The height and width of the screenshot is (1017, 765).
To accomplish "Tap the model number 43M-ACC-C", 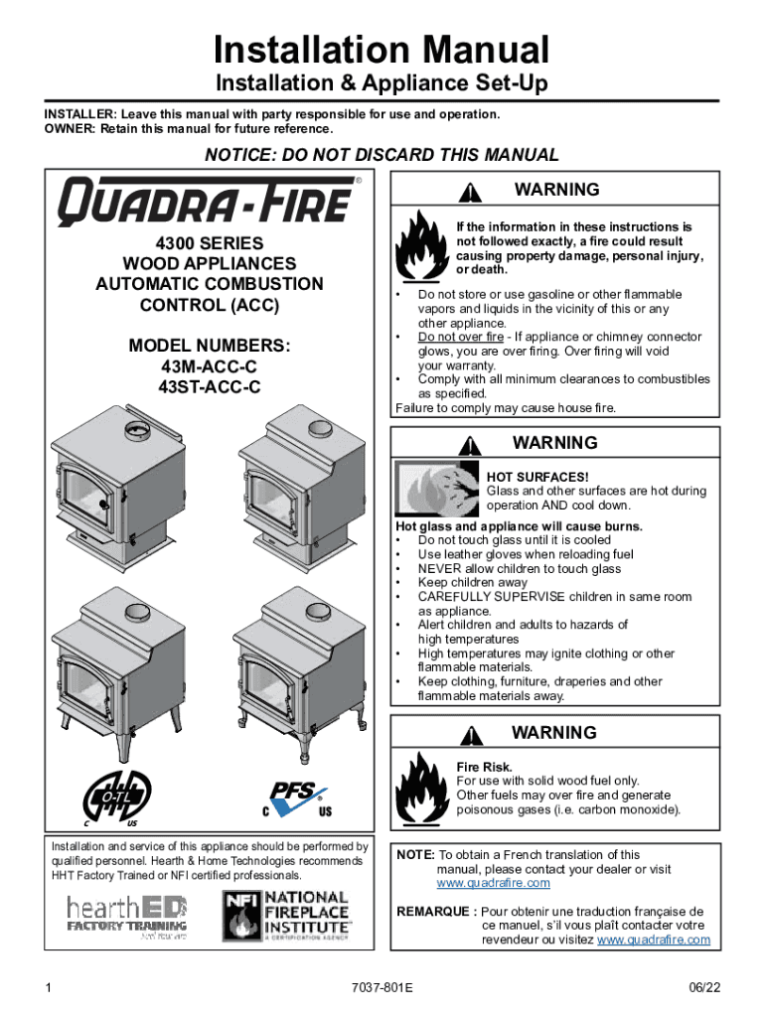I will [210, 366].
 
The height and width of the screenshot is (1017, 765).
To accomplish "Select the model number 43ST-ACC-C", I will [210, 387].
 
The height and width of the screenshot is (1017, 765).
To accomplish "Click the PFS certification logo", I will [295, 799].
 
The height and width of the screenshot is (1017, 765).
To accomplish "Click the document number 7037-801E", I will [382, 989].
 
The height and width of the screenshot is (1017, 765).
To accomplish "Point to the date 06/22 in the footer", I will [703, 989].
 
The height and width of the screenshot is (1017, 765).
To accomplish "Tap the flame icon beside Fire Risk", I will [422, 787].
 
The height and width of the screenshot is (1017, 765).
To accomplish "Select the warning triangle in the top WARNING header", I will [476, 191].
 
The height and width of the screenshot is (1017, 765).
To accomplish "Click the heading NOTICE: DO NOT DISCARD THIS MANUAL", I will [382, 155].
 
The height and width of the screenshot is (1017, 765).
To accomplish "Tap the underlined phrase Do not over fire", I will [460, 337].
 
